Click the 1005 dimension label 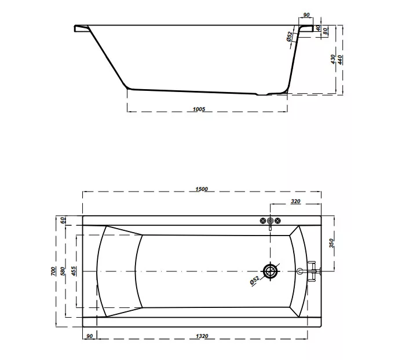click(199, 109)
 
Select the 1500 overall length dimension click(202, 189)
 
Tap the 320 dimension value click(295, 201)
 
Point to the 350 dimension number click(331, 243)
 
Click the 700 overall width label click(53, 271)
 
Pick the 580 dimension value click(63, 271)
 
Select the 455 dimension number click(74, 271)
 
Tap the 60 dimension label click(63, 220)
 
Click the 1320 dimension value click(202, 336)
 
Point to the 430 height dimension click(332, 60)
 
